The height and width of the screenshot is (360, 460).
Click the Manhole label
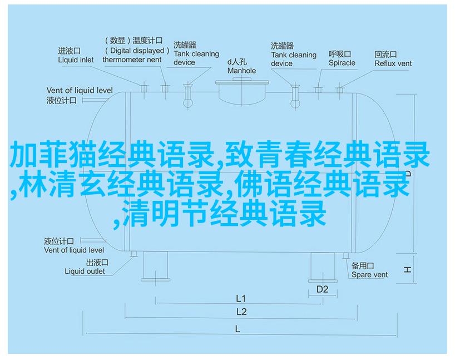coord(241,71)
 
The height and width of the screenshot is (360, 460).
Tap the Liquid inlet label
coord(76,60)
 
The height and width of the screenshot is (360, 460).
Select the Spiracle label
coord(342,63)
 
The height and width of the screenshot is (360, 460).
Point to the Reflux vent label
coord(393,63)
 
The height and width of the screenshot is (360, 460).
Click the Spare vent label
coord(369,275)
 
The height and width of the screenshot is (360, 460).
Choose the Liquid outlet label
coord(85,272)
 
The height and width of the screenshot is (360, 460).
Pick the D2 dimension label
coord(322,289)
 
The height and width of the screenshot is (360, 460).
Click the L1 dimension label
coord(240,298)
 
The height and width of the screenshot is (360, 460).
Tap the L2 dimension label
coord(241,312)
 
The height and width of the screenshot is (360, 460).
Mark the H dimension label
coord(407,269)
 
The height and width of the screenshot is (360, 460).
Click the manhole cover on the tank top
coord(242,82)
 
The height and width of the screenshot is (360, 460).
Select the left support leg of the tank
coord(156,266)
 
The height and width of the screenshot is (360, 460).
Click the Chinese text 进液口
coord(69,51)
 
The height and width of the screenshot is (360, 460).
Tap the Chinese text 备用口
coord(363,266)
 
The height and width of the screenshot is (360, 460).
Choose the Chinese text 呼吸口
coord(340,54)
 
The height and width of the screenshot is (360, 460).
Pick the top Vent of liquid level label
coord(80,90)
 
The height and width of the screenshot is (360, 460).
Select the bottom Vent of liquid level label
coord(74,250)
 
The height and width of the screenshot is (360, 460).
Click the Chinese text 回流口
coord(385,55)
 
